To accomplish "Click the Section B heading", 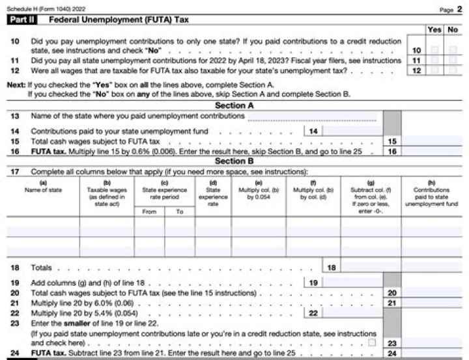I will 234,161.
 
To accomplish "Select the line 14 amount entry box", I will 352,131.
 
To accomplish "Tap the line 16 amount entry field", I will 433,150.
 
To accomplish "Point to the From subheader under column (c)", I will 150,212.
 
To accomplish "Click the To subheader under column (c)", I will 180,212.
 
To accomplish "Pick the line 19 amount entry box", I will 352,283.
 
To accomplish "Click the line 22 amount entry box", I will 352,313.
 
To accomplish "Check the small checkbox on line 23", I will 372,342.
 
